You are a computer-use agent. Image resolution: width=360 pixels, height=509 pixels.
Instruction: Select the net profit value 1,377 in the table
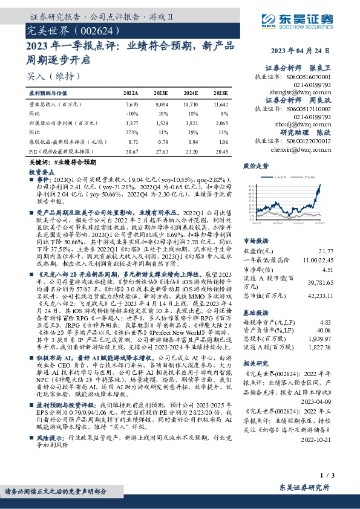133,123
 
